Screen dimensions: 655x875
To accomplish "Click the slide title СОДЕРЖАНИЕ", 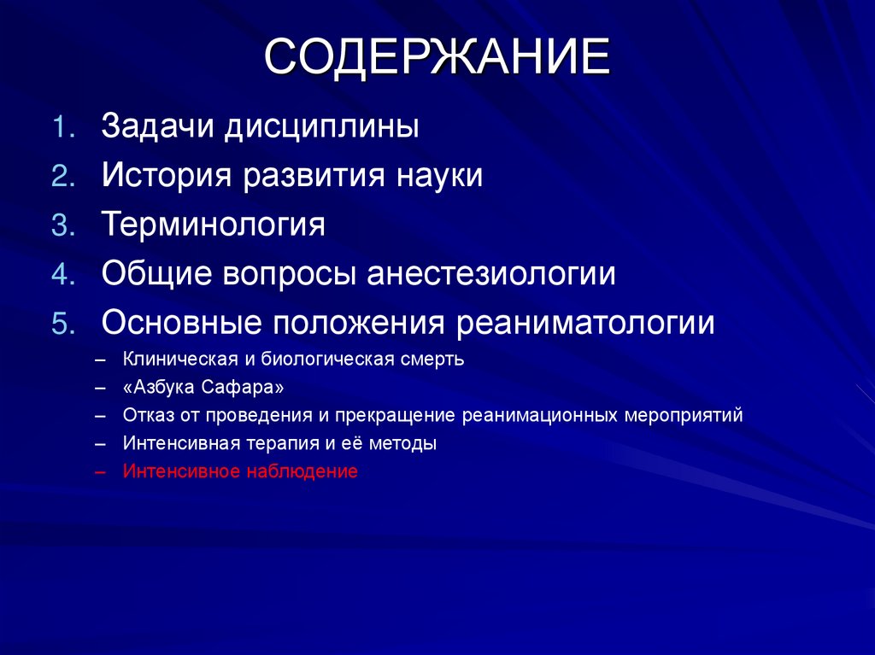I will tap(437, 58).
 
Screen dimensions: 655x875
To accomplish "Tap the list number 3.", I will tap(65, 225).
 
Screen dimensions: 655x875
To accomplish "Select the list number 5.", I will tap(65, 324).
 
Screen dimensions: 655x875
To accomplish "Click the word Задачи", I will tap(159, 127).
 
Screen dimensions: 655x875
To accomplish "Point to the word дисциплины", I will tap(322, 128).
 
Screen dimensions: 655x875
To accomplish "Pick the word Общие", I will tap(157, 275).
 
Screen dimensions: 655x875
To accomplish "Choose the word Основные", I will tap(180, 324).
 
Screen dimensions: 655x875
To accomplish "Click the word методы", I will tap(405, 444).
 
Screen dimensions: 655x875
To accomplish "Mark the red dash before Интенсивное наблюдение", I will tap(102, 471).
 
